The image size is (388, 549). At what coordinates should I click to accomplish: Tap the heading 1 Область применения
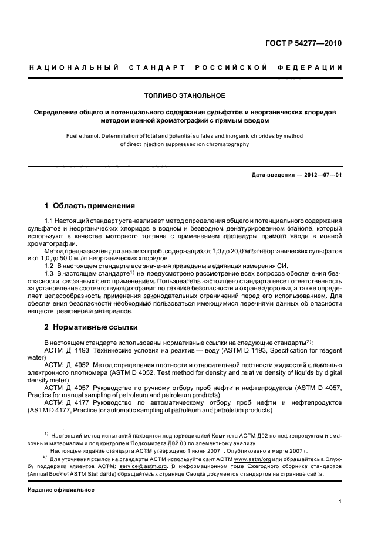tap(90, 206)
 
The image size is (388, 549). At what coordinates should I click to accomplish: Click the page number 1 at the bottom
tap(340, 501)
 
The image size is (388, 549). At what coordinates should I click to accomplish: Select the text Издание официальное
tap(61, 489)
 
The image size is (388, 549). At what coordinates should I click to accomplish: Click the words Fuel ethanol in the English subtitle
tap(84, 136)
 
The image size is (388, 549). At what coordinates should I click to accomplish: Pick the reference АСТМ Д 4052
tap(66, 364)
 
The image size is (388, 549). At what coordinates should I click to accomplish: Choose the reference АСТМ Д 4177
tap(66, 402)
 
